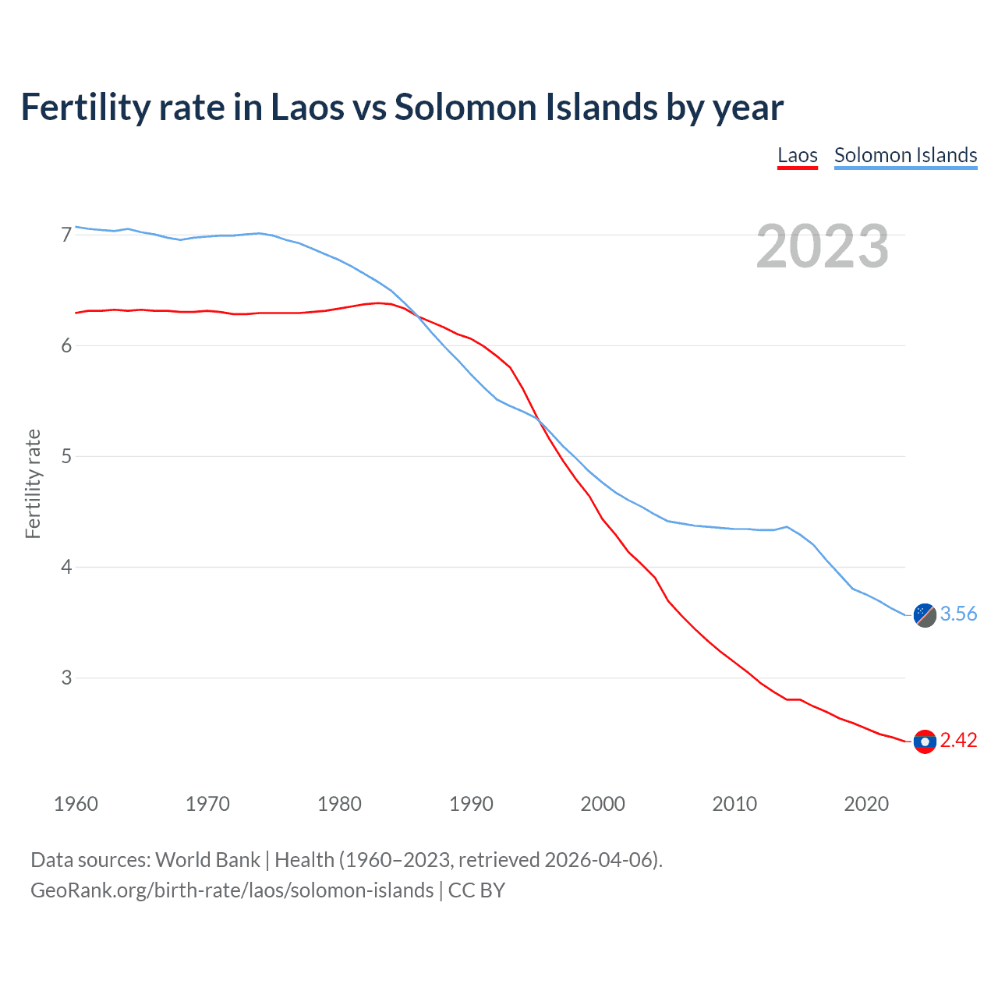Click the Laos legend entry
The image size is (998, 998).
coord(797,155)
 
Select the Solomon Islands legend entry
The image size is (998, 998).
coord(905,155)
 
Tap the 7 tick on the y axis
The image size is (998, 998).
coord(66,235)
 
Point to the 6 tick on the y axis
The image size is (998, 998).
coord(66,345)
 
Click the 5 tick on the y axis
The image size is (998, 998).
coord(66,456)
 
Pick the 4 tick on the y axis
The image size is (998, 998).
coord(66,567)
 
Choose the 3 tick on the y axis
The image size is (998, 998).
coord(66,678)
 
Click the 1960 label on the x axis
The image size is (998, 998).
coord(76,804)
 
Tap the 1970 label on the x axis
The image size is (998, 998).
coord(207,804)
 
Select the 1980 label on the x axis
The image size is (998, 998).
coord(339,804)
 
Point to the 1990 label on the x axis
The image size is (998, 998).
coord(471,804)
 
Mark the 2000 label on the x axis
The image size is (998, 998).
coord(603,804)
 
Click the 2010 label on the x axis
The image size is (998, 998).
coord(734,804)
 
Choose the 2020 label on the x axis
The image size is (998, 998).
coord(866,804)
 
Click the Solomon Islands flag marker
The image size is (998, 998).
coord(925,614)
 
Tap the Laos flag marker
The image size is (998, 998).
coord(925,741)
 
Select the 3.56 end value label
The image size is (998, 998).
coord(958,614)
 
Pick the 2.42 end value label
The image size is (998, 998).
coord(958,741)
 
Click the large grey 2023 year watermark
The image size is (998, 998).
coord(822,246)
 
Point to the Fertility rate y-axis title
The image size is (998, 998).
coord(33,483)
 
